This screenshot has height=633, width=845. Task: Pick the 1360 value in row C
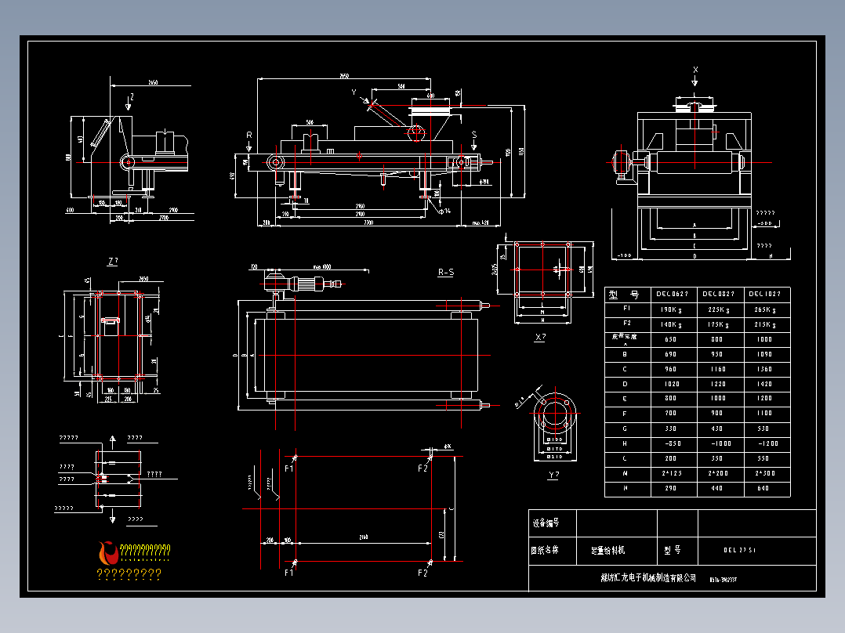766,369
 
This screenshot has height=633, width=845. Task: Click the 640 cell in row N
766,489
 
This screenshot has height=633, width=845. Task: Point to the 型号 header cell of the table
627,295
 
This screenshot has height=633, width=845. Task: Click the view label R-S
446,273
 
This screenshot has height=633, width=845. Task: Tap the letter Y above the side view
354,92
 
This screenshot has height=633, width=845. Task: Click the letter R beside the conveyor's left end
249,135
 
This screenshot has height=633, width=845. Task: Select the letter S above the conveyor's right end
474,135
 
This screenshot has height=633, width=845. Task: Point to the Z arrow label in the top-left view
132,96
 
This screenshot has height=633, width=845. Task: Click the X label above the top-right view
695,70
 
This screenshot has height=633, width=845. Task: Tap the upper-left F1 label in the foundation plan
288,468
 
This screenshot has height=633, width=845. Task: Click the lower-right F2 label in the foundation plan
422,573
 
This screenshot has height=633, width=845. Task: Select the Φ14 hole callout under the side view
445,211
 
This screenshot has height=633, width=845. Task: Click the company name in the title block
643,578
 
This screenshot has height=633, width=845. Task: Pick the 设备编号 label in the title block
546,523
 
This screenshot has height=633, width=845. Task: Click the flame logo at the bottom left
108,553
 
